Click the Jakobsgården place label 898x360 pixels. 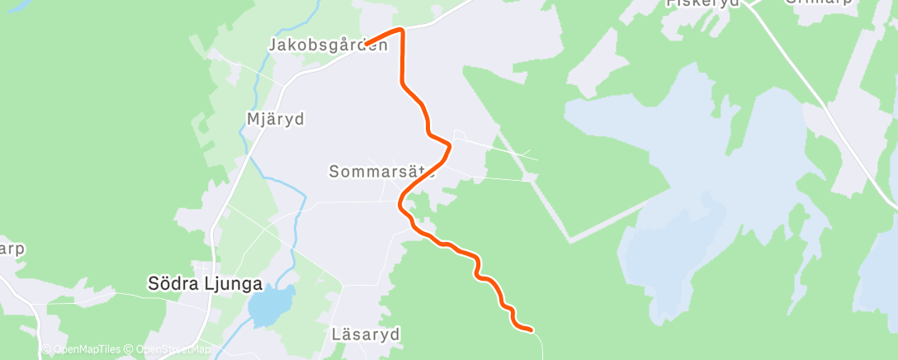click(x=328, y=45)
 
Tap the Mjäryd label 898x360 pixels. click(x=276, y=119)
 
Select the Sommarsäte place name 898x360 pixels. click(x=381, y=172)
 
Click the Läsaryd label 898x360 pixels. click(x=365, y=334)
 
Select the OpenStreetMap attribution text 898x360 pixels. click(x=170, y=350)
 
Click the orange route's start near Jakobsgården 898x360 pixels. click(x=367, y=43)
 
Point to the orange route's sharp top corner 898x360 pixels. click(x=402, y=31)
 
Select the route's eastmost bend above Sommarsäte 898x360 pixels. click(x=449, y=146)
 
